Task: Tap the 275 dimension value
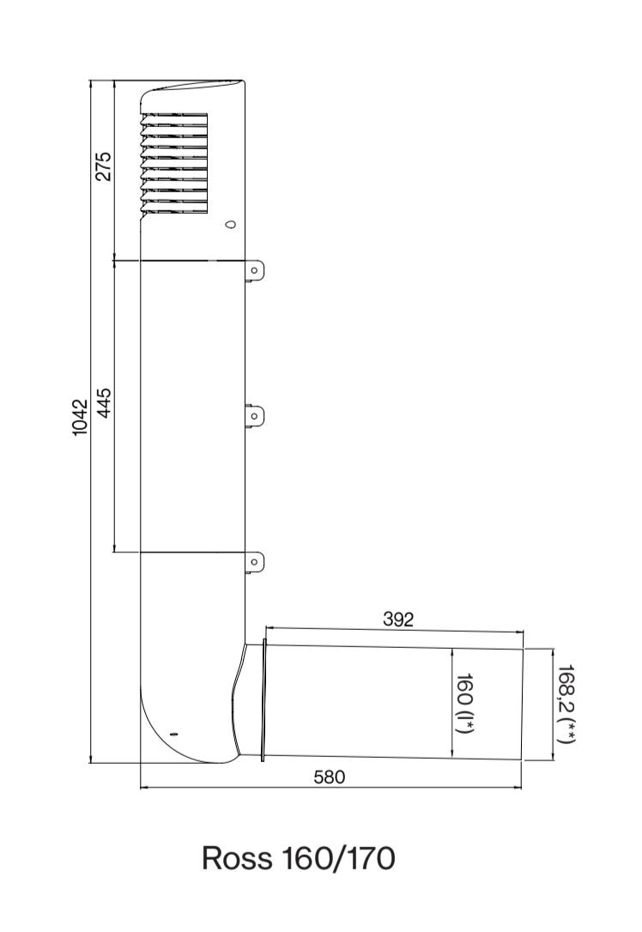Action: coord(104,166)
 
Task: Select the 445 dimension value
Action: coord(104,403)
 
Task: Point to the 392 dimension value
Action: coord(397,620)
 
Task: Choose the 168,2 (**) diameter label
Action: coord(566,704)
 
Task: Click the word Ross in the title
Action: coord(237,858)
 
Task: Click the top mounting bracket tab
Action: coord(255,271)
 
